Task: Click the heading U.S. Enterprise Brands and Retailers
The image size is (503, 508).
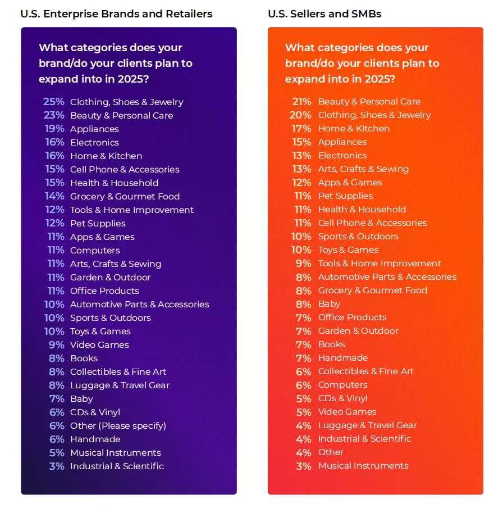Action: pyautogui.click(x=116, y=13)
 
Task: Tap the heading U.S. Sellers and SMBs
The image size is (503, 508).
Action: pyautogui.click(x=324, y=13)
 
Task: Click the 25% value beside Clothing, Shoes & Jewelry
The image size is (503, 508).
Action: pyautogui.click(x=54, y=102)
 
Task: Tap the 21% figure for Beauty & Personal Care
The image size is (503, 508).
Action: pyautogui.click(x=301, y=102)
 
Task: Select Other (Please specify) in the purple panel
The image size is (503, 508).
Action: pyautogui.click(x=118, y=425)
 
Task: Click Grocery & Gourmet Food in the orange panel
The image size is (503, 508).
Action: pyautogui.click(x=372, y=291)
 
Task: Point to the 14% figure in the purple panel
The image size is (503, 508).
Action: pyautogui.click(x=54, y=196)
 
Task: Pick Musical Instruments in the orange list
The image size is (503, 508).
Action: pyautogui.click(x=363, y=466)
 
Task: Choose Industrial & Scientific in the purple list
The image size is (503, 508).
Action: pyautogui.click(x=117, y=466)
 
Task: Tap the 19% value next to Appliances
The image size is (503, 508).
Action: pyautogui.click(x=54, y=129)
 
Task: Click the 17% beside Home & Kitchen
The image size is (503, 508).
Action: pyautogui.click(x=302, y=129)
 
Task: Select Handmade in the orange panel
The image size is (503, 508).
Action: pyautogui.click(x=342, y=358)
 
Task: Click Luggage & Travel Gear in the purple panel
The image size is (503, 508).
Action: pyautogui.click(x=120, y=385)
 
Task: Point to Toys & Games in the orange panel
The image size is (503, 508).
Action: pyautogui.click(x=348, y=250)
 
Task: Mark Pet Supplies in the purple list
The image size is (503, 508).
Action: pyautogui.click(x=98, y=223)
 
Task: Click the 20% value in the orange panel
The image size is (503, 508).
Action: pyautogui.click(x=301, y=115)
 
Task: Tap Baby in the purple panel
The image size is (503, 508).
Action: pyautogui.click(x=81, y=398)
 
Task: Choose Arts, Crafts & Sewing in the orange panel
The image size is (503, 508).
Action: pyautogui.click(x=363, y=169)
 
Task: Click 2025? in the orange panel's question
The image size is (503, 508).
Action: pyautogui.click(x=378, y=79)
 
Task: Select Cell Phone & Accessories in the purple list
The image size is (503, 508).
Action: pyautogui.click(x=125, y=169)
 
